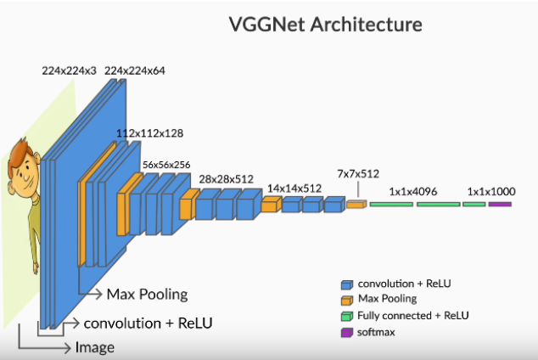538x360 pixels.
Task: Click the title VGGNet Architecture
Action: tap(325, 24)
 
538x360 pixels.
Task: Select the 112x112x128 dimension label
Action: tap(149, 133)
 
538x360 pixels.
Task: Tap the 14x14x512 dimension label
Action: tap(294, 188)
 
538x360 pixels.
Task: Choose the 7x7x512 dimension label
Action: tap(357, 173)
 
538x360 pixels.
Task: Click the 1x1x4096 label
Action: tap(413, 192)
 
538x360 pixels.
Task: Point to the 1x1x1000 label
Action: tap(487, 192)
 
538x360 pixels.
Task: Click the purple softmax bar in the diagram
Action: tap(500, 205)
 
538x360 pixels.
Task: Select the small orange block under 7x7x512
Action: tap(356, 205)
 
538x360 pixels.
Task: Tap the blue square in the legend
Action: tap(346, 284)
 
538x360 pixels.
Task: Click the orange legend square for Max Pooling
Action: tap(346, 299)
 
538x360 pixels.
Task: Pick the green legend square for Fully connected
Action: tap(346, 315)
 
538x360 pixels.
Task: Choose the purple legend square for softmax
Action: tap(346, 331)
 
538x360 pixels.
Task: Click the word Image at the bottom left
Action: tap(94, 347)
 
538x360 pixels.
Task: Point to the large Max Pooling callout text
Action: tap(146, 295)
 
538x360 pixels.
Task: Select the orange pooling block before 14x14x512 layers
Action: tap(270, 205)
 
